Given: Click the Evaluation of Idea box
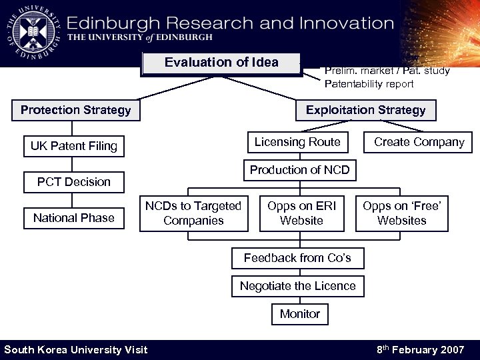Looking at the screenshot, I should click(x=221, y=63).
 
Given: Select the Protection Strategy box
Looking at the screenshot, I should click(x=76, y=110).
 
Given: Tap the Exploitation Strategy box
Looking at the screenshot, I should click(x=365, y=110).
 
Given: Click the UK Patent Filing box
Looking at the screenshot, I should click(x=74, y=146).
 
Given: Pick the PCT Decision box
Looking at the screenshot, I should click(x=74, y=182).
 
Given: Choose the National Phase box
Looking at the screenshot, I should click(x=74, y=218).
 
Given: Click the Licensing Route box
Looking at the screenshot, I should click(x=297, y=142).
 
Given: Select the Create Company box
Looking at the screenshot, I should click(x=419, y=142).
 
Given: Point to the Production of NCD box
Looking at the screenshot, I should click(x=299, y=170).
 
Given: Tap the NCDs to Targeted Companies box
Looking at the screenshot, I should click(x=193, y=213).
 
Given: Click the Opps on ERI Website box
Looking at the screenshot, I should click(x=301, y=213).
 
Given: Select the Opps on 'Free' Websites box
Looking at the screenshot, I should click(x=401, y=213).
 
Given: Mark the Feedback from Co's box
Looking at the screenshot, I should click(x=297, y=258).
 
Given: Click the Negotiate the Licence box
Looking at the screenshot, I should click(x=298, y=286).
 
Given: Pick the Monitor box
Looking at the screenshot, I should click(x=300, y=314).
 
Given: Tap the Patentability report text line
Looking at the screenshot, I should click(x=369, y=84).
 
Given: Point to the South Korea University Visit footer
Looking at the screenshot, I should click(x=76, y=350).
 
